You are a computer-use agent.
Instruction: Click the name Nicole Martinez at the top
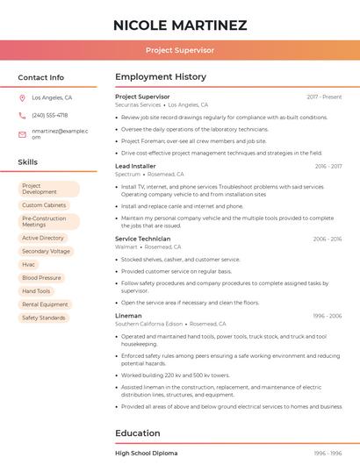(180, 25)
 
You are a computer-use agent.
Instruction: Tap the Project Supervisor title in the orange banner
(180, 50)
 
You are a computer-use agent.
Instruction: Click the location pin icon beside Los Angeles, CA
(22, 97)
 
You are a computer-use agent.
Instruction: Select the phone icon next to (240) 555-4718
(22, 115)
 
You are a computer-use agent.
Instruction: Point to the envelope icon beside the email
(22, 133)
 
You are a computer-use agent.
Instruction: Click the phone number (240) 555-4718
(49, 115)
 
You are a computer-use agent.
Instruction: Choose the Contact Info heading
(40, 77)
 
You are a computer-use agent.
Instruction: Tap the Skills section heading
(27, 162)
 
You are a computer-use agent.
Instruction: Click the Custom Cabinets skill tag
(44, 205)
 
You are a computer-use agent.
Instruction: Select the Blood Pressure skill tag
(41, 277)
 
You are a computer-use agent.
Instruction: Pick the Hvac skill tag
(29, 264)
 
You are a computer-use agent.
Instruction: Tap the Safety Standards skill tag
(44, 318)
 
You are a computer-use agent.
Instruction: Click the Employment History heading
(161, 77)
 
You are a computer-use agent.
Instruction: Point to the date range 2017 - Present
(324, 97)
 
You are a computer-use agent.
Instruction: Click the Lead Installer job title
(135, 166)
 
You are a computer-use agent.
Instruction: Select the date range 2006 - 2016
(327, 239)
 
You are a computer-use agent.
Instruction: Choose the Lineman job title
(128, 315)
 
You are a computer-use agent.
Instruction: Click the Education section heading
(138, 433)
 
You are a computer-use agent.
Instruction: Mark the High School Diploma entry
(147, 453)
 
